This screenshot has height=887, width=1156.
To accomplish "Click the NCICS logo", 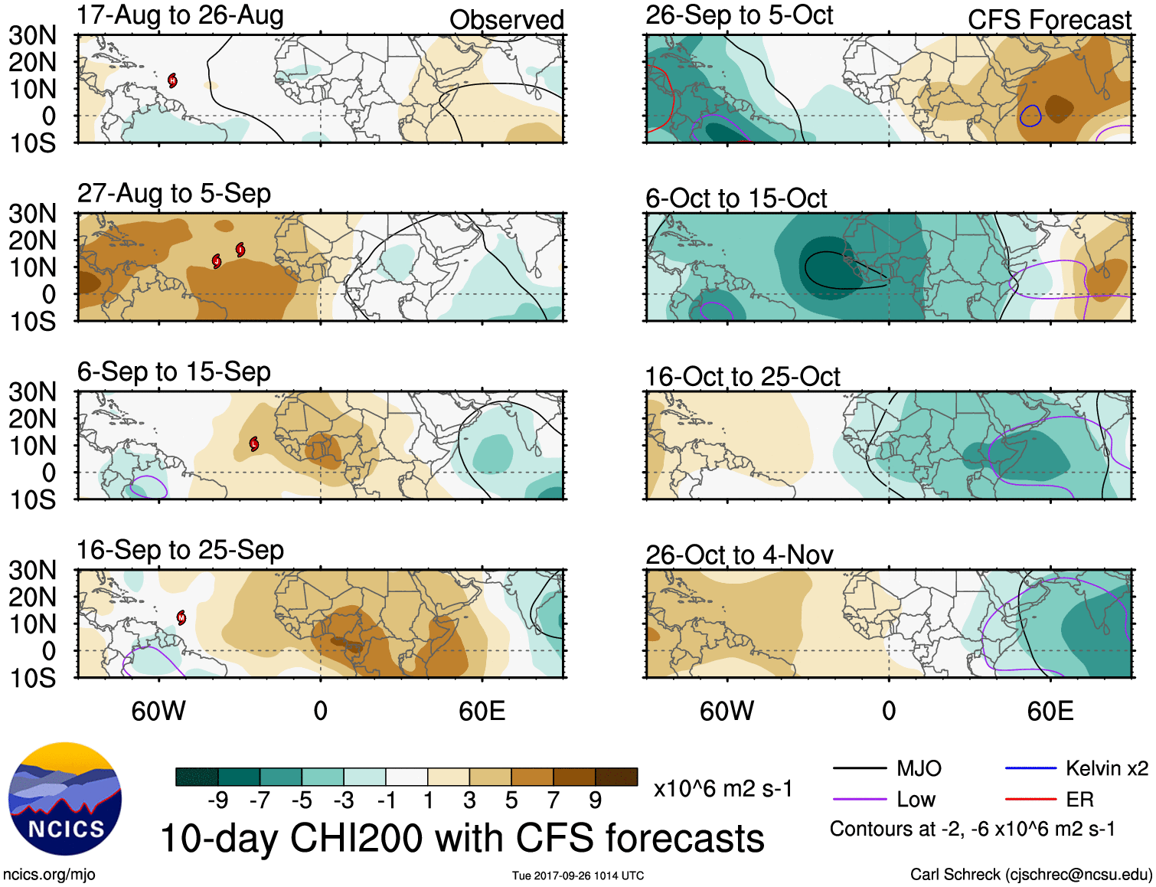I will [65, 798].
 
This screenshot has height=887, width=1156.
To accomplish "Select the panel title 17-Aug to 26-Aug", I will [180, 15].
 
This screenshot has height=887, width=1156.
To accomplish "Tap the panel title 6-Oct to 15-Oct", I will [736, 198].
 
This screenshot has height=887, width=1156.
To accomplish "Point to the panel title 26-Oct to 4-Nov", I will [739, 555].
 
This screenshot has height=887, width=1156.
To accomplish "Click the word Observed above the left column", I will [506, 20].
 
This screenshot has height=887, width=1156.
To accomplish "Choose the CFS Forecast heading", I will [1049, 20].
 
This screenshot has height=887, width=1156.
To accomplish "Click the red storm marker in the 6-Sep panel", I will [254, 443].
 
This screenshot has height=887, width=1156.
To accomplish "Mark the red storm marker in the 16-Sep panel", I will [181, 617].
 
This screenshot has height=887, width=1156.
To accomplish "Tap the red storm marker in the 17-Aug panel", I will [173, 80].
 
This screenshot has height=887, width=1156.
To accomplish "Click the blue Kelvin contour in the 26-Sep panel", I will [1030, 116].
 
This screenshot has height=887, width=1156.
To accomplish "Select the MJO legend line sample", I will [859, 768].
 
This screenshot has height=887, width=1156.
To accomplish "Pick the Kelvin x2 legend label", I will [1106, 768].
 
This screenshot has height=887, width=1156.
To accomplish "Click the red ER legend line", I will [1030, 800].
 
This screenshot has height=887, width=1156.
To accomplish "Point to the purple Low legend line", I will [859, 800].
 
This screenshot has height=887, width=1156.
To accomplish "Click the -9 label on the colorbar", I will [218, 800].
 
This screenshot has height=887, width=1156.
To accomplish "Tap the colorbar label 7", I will [554, 800].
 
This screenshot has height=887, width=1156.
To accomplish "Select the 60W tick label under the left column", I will [158, 712].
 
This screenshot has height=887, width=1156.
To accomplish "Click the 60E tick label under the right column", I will [1050, 712].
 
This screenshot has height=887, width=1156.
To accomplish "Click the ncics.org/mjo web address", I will [49, 875].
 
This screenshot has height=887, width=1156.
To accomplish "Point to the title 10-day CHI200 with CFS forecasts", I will [462, 838].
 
